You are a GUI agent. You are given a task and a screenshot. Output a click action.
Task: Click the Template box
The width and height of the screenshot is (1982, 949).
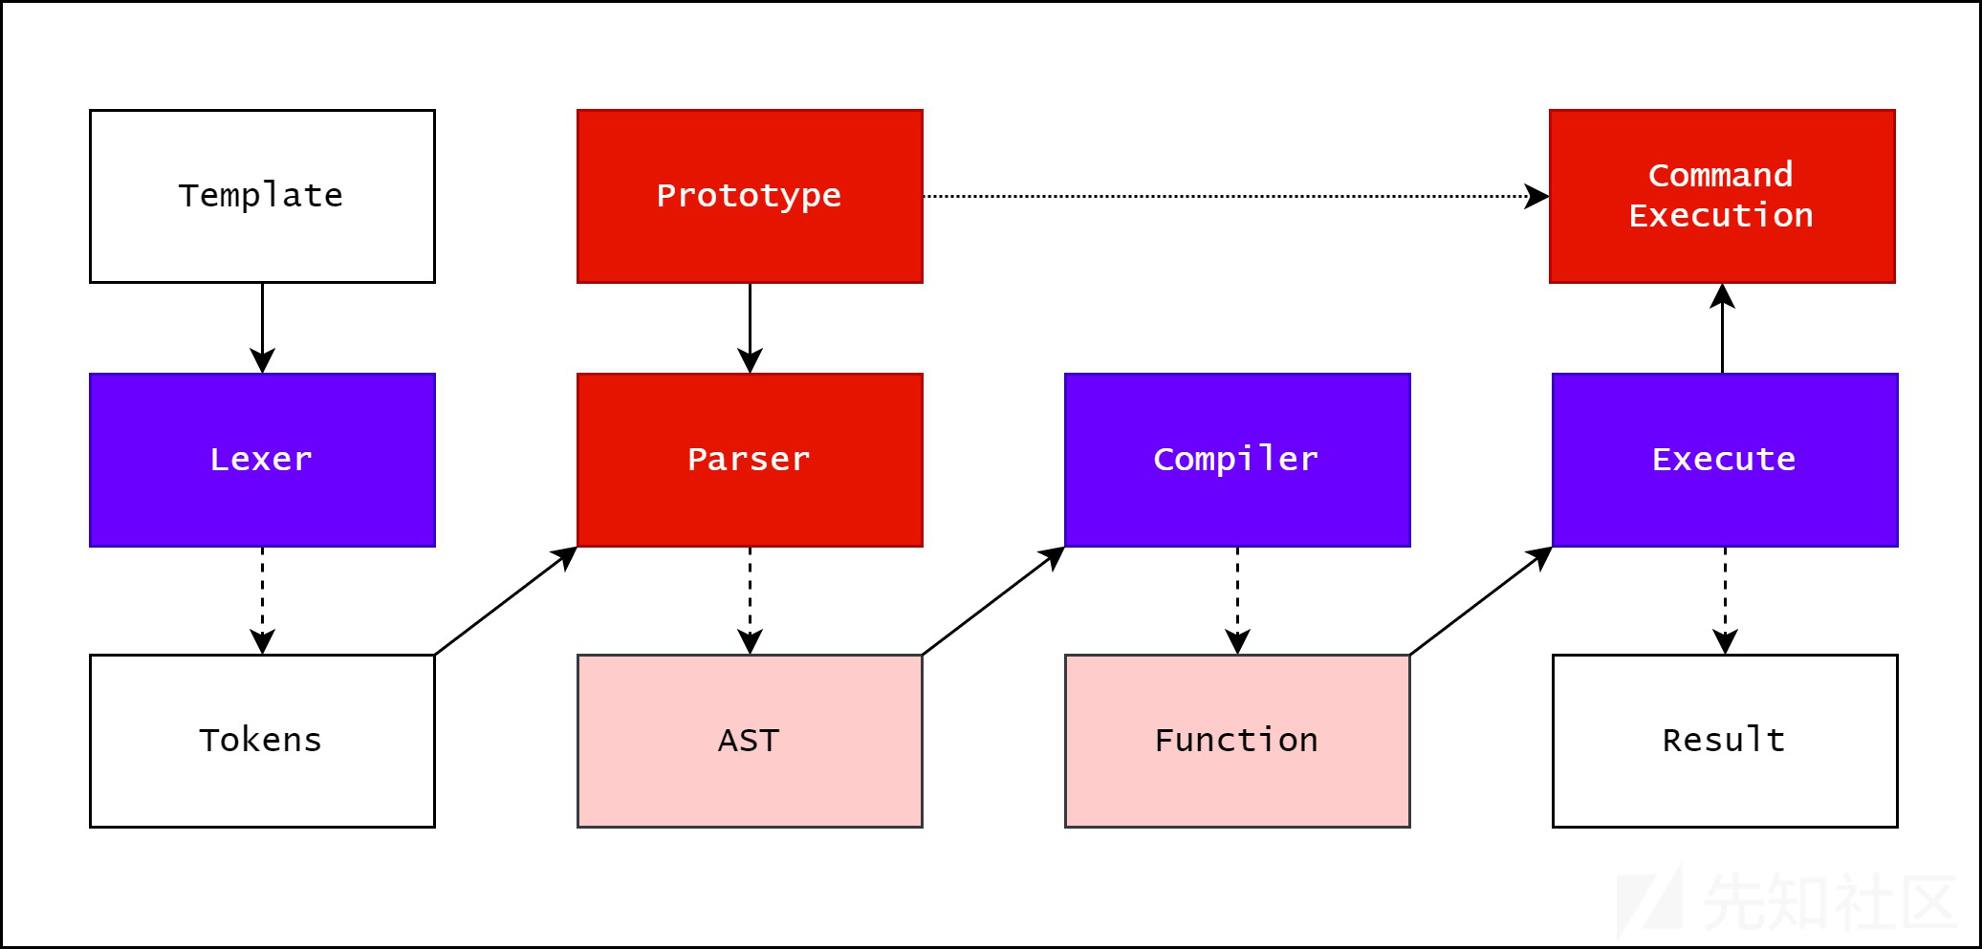262,196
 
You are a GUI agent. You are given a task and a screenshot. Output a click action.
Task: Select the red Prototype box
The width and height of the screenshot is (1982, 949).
750,196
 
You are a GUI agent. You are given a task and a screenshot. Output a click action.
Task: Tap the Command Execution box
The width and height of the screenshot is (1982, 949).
1722,196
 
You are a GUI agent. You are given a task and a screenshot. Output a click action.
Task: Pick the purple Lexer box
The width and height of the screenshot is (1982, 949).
262,460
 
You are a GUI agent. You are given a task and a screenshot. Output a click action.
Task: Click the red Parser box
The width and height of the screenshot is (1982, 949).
750,460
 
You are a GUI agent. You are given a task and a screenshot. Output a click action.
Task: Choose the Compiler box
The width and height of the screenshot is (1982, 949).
1237,460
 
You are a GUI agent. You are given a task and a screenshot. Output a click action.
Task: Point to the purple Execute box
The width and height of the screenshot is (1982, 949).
1725,460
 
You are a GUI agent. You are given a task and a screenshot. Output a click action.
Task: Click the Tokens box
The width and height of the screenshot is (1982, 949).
262,741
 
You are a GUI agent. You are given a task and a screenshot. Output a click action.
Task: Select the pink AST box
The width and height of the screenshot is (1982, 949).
750,741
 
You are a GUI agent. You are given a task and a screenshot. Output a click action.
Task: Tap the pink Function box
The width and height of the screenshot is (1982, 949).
1237,741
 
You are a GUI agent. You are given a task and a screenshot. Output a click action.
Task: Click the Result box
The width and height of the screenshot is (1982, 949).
1725,741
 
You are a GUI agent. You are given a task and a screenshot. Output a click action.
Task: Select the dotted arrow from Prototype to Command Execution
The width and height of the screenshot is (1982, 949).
1236,196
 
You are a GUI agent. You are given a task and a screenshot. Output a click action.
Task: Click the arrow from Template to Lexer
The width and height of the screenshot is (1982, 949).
262,328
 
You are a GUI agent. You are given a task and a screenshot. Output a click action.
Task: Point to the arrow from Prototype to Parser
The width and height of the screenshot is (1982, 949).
750,328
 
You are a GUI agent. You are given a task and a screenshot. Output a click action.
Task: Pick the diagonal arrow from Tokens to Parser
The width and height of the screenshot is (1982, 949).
506,600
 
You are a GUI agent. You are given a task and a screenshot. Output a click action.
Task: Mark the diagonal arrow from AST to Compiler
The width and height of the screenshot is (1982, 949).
993,600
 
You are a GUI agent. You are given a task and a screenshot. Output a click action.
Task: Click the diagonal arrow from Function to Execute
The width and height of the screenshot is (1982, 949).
1481,600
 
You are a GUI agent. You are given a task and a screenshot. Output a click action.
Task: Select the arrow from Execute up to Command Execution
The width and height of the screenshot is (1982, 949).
1722,328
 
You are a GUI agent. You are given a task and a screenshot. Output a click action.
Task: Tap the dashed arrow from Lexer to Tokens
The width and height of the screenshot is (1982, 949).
262,600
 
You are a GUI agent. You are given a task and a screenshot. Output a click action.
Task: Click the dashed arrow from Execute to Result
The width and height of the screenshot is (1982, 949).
1725,600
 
